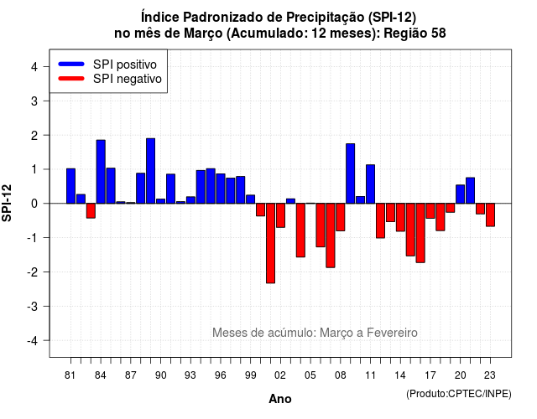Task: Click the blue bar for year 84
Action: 101,172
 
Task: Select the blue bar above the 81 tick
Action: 70,186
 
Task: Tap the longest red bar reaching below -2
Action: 270,243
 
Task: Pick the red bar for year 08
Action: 341,217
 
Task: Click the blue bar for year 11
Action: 370,184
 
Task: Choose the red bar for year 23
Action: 490,215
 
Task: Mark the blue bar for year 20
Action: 461,194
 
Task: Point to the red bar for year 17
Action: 430,210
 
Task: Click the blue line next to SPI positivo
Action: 71,64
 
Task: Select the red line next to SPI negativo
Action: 71,79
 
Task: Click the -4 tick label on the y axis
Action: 33,341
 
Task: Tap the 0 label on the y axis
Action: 34,204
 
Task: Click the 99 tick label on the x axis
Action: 251,375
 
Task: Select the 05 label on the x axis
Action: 310,375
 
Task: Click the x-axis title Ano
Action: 280,399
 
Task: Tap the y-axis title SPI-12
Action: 7,203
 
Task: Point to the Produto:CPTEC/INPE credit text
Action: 459,394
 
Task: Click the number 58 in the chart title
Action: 438,34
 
